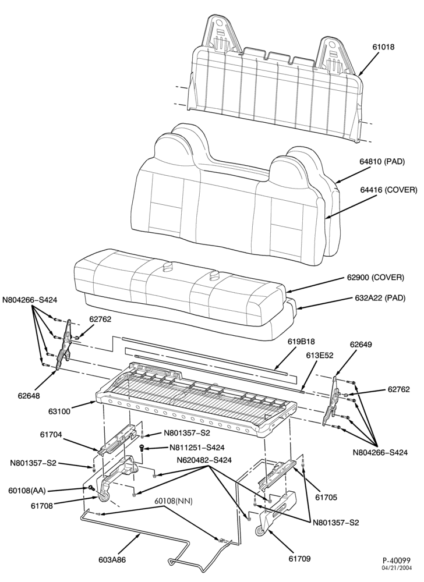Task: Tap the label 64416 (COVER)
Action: pyautogui.click(x=388, y=190)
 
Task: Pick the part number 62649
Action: pyautogui.click(x=361, y=345)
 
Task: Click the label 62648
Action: pyautogui.click(x=30, y=396)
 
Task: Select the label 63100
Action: pyautogui.click(x=60, y=411)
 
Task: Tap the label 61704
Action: pyautogui.click(x=51, y=434)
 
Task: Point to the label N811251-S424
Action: pyautogui.click(x=197, y=448)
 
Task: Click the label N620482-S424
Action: pyautogui.click(x=204, y=460)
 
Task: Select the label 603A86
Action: pyautogui.click(x=112, y=560)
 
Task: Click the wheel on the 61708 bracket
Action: pyautogui.click(x=104, y=498)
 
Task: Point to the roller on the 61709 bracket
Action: pyautogui.click(x=260, y=532)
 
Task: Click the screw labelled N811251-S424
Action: pyautogui.click(x=142, y=448)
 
